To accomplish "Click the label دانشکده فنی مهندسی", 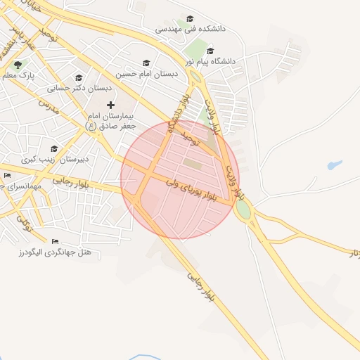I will click(x=194, y=30).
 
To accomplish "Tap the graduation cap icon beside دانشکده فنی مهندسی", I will click(x=189, y=19).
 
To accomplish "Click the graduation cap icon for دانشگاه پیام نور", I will click(x=210, y=51).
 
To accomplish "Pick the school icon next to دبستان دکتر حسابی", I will click(x=79, y=78).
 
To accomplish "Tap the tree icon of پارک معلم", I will click(x=27, y=64).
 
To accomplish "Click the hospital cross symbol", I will click(x=110, y=105).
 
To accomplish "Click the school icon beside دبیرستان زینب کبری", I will click(x=54, y=148).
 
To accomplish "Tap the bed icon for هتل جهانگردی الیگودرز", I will click(x=56, y=241).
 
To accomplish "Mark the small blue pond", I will click(x=335, y=165).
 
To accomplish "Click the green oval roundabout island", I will click(x=243, y=209).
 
